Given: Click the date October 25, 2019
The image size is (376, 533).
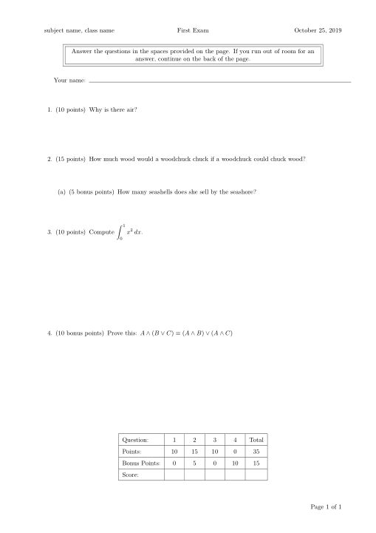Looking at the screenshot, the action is coord(318,30).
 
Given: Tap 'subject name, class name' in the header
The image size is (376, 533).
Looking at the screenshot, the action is coord(79,30).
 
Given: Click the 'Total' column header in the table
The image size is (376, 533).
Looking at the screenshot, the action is coord(256,440).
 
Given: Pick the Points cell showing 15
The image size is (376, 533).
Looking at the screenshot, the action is coord(194,452).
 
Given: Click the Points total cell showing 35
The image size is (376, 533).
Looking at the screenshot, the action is coord(256,452).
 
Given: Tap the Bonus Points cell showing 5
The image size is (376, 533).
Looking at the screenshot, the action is coord(194,464).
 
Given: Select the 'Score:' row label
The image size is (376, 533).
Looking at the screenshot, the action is coord(130,475).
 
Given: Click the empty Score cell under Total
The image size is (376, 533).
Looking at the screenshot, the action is coord(256,475).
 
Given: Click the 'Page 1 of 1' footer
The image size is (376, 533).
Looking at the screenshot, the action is coord(327,506).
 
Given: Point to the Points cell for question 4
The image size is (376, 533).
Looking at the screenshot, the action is coord(235,452).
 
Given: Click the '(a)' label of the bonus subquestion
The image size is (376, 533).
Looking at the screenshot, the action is coord(61,192).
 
